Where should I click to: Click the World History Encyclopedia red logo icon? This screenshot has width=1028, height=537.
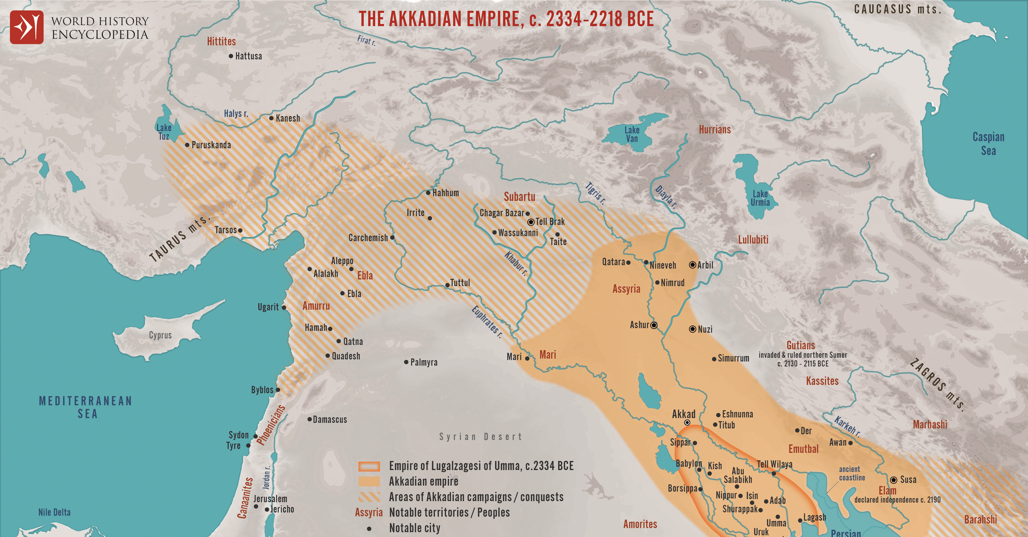pos(27,27)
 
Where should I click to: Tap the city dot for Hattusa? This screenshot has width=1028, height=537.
pos(231,56)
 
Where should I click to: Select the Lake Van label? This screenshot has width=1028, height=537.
pos(632,134)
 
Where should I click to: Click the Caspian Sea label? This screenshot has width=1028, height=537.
pos(988,143)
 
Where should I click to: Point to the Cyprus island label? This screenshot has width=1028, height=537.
pos(160,335)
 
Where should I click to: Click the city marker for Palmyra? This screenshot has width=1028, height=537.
pos(406,362)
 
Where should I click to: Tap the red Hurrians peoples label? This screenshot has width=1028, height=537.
pos(714,129)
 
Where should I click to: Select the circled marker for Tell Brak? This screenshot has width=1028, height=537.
pos(531,222)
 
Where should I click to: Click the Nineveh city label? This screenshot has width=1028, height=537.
pos(663,266)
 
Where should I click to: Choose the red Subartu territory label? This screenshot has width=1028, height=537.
pos(519,197)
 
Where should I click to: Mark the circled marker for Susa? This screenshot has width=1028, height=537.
pos(894,480)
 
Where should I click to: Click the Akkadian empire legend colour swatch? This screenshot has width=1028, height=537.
pos(369,481)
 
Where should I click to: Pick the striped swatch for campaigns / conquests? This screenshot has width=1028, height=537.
pos(369,497)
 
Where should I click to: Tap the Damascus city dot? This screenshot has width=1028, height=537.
pos(309,419)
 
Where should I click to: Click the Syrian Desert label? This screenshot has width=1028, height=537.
pos(481,436)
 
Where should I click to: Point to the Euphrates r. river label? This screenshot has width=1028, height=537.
pos(487,322)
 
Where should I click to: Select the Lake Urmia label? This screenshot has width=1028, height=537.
pos(760,198)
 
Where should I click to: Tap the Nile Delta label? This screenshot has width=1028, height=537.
pos(54,512)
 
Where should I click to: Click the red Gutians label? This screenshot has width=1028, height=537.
pos(801,345)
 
